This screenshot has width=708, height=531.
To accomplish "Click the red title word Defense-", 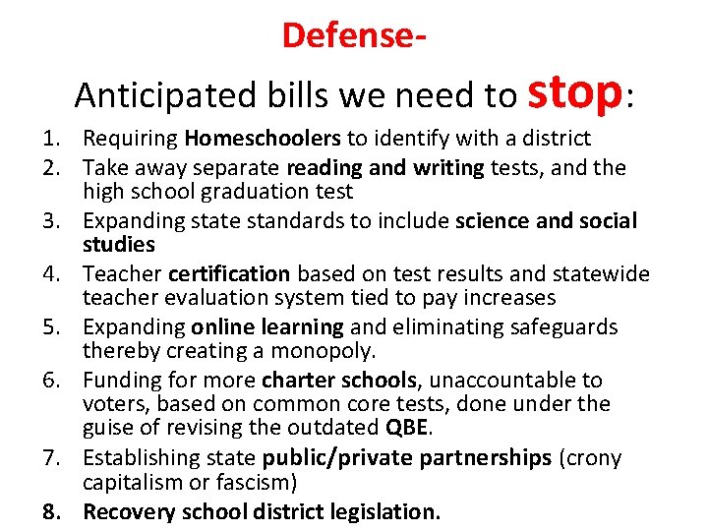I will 354,34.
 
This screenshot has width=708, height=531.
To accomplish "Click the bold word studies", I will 119,244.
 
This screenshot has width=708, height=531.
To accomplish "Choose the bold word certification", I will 229,274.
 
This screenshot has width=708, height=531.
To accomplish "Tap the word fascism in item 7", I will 259,482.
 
